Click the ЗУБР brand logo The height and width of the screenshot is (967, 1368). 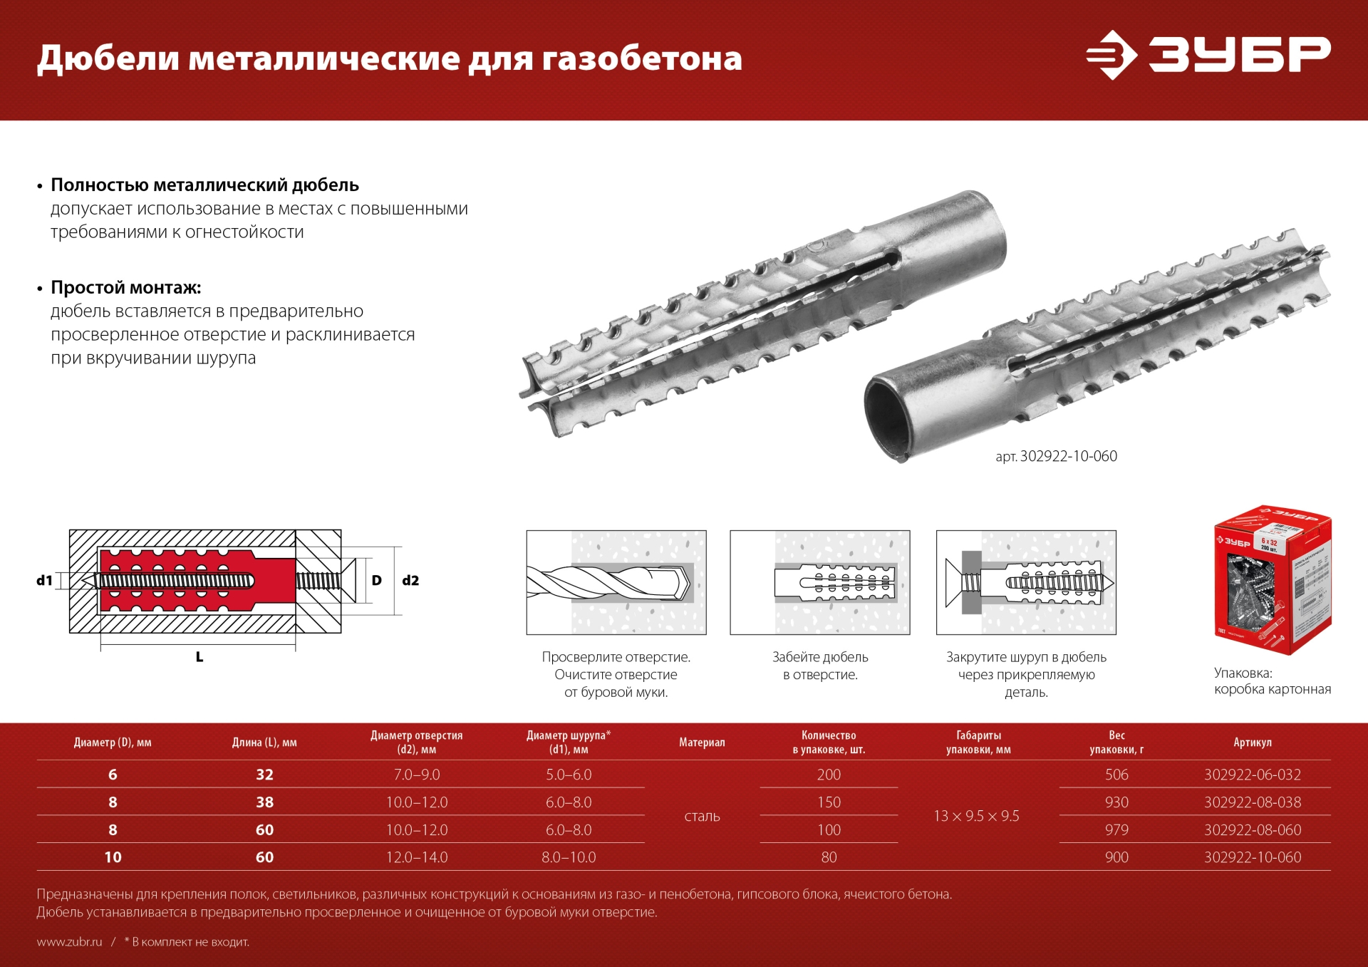1208,54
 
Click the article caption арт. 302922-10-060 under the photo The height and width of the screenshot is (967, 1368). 1056,456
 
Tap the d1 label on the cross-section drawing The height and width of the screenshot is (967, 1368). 45,580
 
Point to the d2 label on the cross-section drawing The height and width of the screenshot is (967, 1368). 410,580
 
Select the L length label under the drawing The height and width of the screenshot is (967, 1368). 199,657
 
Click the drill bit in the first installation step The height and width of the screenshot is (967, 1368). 609,582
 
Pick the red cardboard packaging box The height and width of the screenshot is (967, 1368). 1273,580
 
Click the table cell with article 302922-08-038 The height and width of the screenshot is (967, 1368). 1252,802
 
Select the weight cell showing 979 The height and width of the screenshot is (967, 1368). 1116,830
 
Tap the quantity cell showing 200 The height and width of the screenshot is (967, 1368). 829,775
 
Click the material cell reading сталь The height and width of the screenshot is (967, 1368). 702,817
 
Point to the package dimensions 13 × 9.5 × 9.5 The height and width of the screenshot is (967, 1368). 976,817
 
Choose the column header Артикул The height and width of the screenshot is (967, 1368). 1252,743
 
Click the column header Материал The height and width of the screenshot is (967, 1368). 702,743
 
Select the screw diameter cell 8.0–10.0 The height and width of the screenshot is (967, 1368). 569,857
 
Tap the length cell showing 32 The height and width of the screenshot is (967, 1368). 264,775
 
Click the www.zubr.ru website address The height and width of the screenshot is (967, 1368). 70,942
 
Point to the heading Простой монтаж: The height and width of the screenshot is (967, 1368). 126,288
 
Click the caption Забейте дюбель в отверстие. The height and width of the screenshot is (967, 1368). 820,666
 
